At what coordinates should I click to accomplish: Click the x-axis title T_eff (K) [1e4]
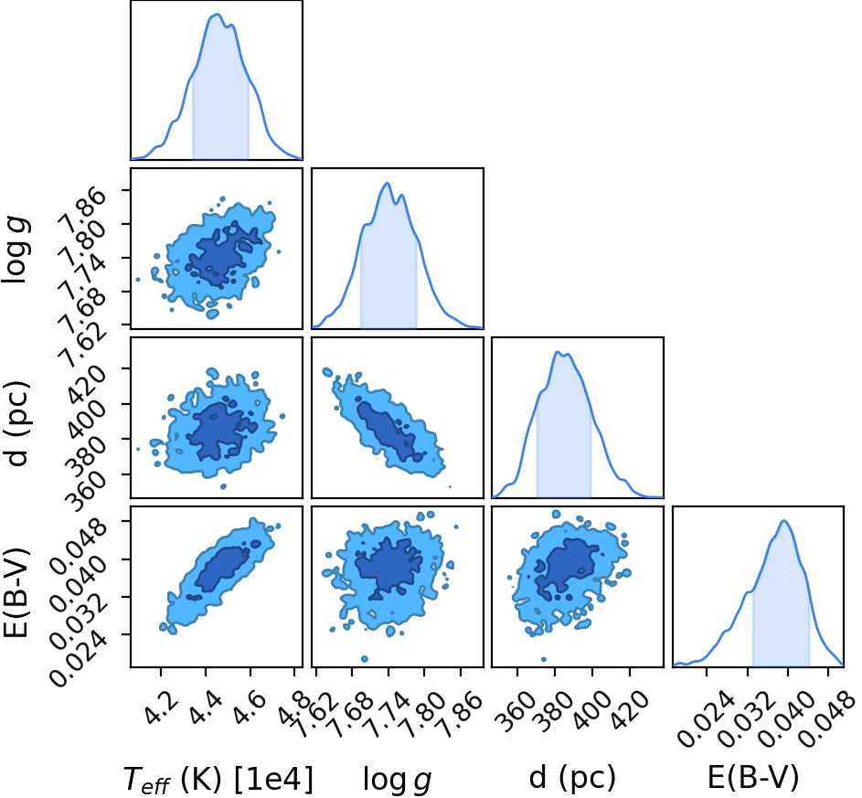tap(218, 778)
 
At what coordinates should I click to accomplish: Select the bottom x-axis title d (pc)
tap(571, 777)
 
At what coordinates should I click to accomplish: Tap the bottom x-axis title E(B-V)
tap(753, 777)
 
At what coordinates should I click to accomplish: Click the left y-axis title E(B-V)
tap(16, 592)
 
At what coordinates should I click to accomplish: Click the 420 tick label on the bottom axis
tap(630, 708)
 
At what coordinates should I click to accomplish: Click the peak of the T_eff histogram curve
tap(218, 15)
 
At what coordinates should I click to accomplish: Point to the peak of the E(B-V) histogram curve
tap(784, 520)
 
